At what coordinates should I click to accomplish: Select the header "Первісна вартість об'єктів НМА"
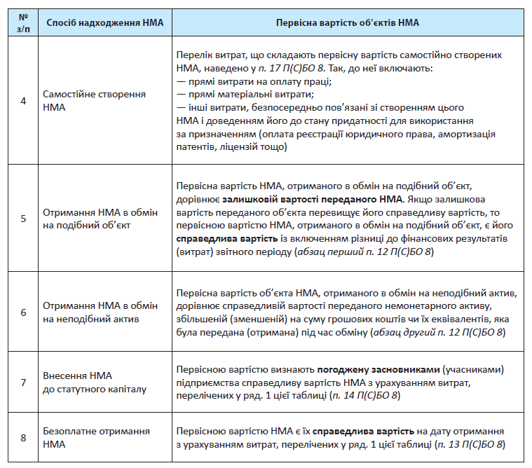tap(348, 22)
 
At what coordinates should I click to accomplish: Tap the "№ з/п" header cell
tap(23, 22)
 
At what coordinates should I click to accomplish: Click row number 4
tap(23, 101)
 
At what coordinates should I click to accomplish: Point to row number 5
tap(23, 219)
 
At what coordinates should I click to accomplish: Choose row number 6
tap(23, 312)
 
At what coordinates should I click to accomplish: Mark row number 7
tap(23, 382)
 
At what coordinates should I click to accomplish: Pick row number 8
tap(23, 438)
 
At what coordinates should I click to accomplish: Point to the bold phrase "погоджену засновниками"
tap(376, 369)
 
